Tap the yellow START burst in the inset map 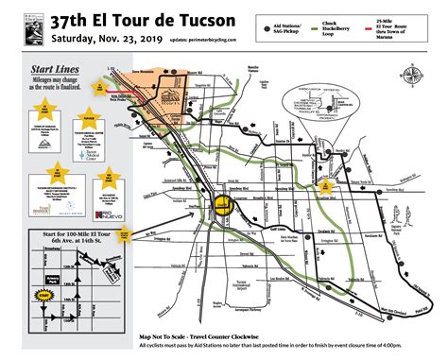coord(43,295)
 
